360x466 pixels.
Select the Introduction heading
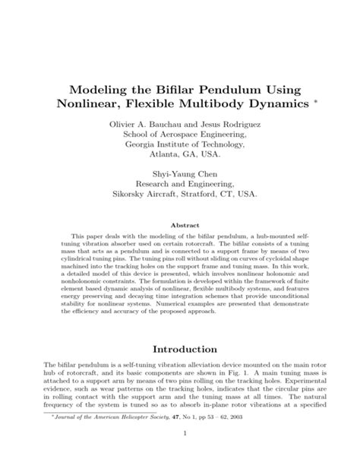(x=180, y=349)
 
